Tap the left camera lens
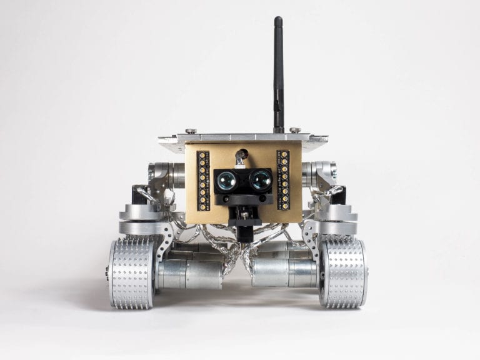pos(226,181)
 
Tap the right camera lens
pos(259,181)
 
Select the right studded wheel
pos(342,272)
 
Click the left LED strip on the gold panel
pos(202,180)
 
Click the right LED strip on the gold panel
pos(284,179)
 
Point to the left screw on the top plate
pos(191,131)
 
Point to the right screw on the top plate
pos(295,130)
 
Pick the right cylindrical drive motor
pos(284,273)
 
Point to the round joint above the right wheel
pos(337,216)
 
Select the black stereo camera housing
pos(243,183)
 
